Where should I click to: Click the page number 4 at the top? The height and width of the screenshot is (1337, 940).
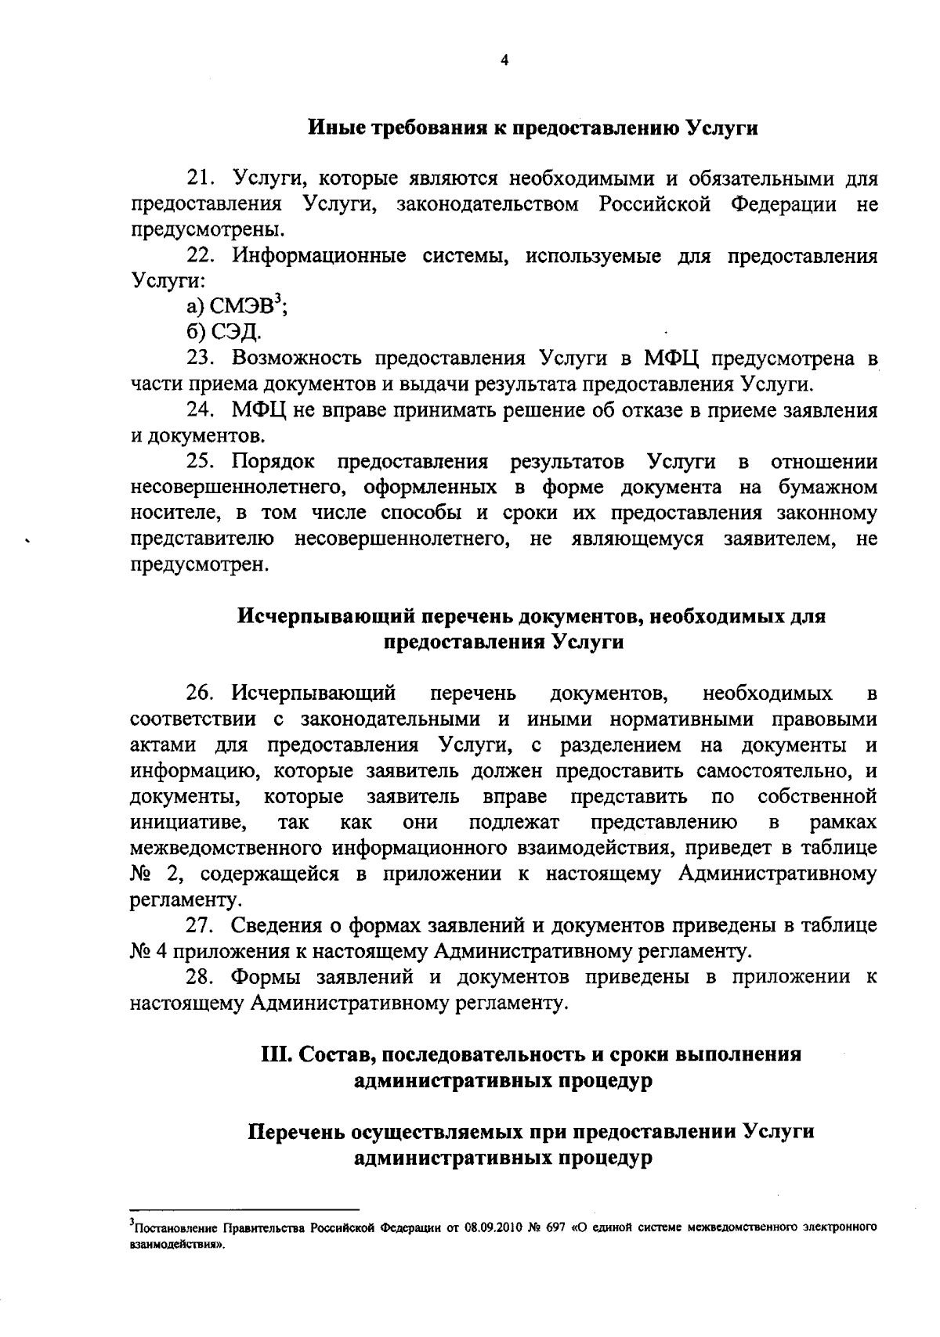pyautogui.click(x=504, y=60)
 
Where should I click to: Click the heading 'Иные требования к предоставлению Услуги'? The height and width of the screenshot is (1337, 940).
pyautogui.click(x=532, y=128)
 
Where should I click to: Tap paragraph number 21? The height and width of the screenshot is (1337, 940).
pyautogui.click(x=201, y=179)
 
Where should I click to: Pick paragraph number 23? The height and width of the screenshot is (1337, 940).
pyautogui.click(x=201, y=359)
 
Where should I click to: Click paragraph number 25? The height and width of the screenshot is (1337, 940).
pyautogui.click(x=201, y=462)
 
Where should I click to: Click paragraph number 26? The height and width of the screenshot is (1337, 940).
pyautogui.click(x=201, y=694)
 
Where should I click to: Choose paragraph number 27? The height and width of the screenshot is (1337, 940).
pyautogui.click(x=201, y=925)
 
